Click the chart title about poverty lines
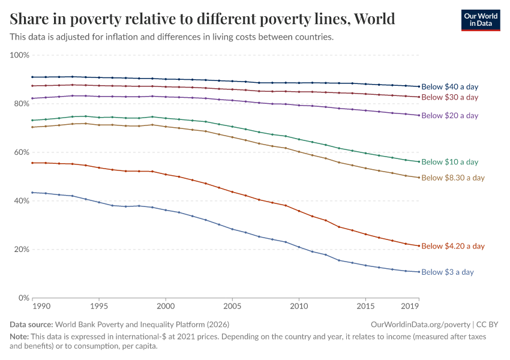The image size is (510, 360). point(203,19)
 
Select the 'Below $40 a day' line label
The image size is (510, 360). point(449,87)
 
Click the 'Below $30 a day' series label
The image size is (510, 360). point(449,97)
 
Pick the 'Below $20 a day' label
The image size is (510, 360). point(449,115)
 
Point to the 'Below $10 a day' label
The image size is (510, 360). point(449,162)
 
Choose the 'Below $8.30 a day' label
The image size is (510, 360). point(453,178)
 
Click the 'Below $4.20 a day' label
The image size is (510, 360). point(453,246)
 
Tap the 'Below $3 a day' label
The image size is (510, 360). point(448,272)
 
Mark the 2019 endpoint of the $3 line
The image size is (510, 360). point(419,272)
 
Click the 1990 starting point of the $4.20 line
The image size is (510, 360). point(32,163)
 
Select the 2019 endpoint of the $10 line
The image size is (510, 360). point(419,161)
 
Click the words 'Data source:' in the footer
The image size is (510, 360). point(31,324)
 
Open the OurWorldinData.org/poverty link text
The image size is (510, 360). point(419,324)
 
